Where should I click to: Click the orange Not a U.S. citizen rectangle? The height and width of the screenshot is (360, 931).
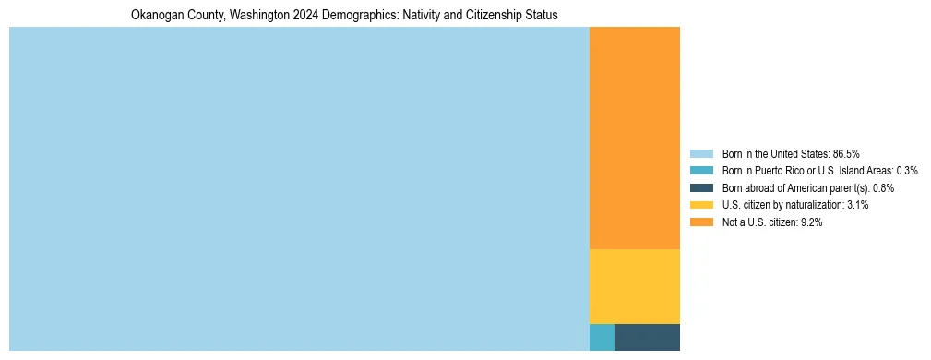[x=635, y=138]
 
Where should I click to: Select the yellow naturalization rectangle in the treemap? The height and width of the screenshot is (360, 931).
[x=635, y=286]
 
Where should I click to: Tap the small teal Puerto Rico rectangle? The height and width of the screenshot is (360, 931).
[x=602, y=337]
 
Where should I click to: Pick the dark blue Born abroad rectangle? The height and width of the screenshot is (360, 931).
[x=647, y=337]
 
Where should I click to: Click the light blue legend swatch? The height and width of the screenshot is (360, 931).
[x=701, y=153]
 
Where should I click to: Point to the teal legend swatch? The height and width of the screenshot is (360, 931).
[x=701, y=171]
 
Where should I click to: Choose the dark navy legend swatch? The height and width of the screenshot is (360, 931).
[x=701, y=188]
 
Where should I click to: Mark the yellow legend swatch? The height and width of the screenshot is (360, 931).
[x=701, y=205]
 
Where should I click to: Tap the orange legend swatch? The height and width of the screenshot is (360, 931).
[x=701, y=222]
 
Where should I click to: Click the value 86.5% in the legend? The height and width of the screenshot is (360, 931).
[x=846, y=153]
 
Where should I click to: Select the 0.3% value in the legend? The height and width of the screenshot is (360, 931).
[x=907, y=171]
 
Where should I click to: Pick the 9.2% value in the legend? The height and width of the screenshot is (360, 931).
[x=810, y=222]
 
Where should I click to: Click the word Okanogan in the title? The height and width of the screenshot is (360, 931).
[x=154, y=16]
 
